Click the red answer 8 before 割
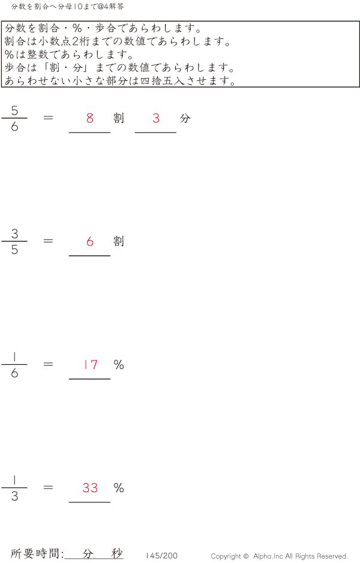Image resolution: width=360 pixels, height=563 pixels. click(x=90, y=118)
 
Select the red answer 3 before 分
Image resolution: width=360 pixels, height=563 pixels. click(x=156, y=118)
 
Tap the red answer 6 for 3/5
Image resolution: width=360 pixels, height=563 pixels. click(x=90, y=241)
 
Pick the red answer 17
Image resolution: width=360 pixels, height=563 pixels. click(x=91, y=364)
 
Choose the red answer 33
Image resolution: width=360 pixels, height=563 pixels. click(x=90, y=488)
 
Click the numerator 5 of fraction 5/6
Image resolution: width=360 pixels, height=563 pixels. click(x=14, y=110)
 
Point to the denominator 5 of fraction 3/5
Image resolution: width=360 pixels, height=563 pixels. click(x=14, y=250)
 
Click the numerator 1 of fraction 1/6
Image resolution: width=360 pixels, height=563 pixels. click(x=14, y=357)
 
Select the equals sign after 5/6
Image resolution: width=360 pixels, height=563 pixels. click(x=49, y=118)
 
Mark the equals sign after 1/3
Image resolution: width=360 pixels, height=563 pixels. click(x=49, y=487)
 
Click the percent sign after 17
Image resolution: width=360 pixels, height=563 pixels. click(x=119, y=364)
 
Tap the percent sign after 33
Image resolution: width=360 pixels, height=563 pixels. click(x=119, y=488)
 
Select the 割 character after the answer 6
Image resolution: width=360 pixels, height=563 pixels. click(x=119, y=241)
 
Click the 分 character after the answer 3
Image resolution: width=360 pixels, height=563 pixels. click(x=185, y=118)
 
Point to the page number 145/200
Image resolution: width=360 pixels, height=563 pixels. click(x=161, y=556)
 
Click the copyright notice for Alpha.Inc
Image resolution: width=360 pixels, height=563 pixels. click(x=279, y=556)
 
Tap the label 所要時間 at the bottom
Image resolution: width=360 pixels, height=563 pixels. click(x=37, y=554)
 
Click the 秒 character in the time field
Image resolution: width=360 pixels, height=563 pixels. click(x=117, y=553)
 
